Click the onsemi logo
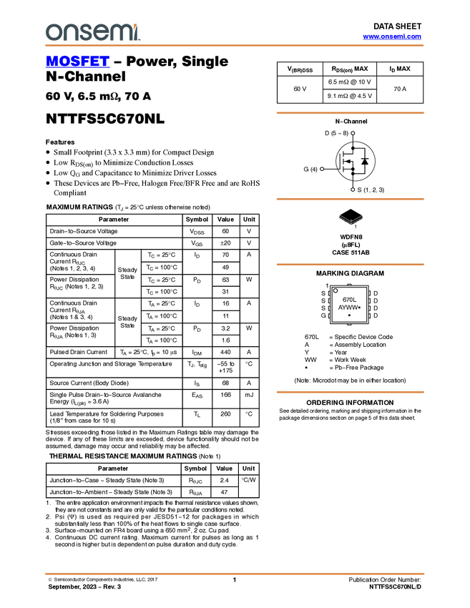click(92, 32)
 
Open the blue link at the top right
click(392, 36)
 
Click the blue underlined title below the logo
click(77, 63)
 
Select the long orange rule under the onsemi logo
click(234, 46)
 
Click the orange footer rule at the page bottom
click(234, 574)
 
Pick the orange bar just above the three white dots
click(350, 113)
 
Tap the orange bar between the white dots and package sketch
click(350, 199)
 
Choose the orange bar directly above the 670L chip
click(350, 265)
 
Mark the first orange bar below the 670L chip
click(350, 392)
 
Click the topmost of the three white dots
click(353, 133)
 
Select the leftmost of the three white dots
click(322, 169)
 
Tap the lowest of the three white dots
click(353, 190)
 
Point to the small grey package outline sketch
click(351, 220)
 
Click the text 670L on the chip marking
click(349, 300)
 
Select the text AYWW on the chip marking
click(348, 308)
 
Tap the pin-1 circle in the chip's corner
click(336, 290)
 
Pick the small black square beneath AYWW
click(349, 315)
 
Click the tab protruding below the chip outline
click(349, 325)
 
